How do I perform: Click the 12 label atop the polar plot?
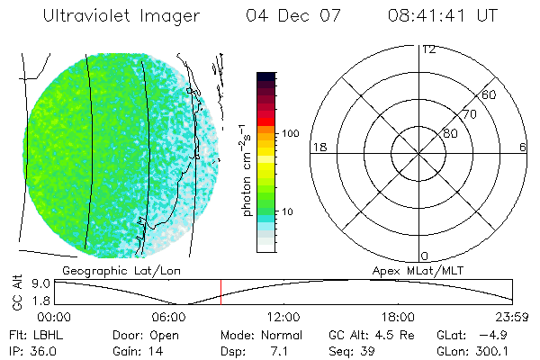pyautogui.click(x=428, y=49)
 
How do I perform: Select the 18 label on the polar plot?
pyautogui.click(x=317, y=147)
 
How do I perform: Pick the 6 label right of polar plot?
pyautogui.click(x=523, y=147)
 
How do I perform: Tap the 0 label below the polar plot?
pyautogui.click(x=425, y=256)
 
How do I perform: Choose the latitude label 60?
pyautogui.click(x=490, y=94)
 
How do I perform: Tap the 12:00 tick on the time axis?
pyautogui.click(x=283, y=317)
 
